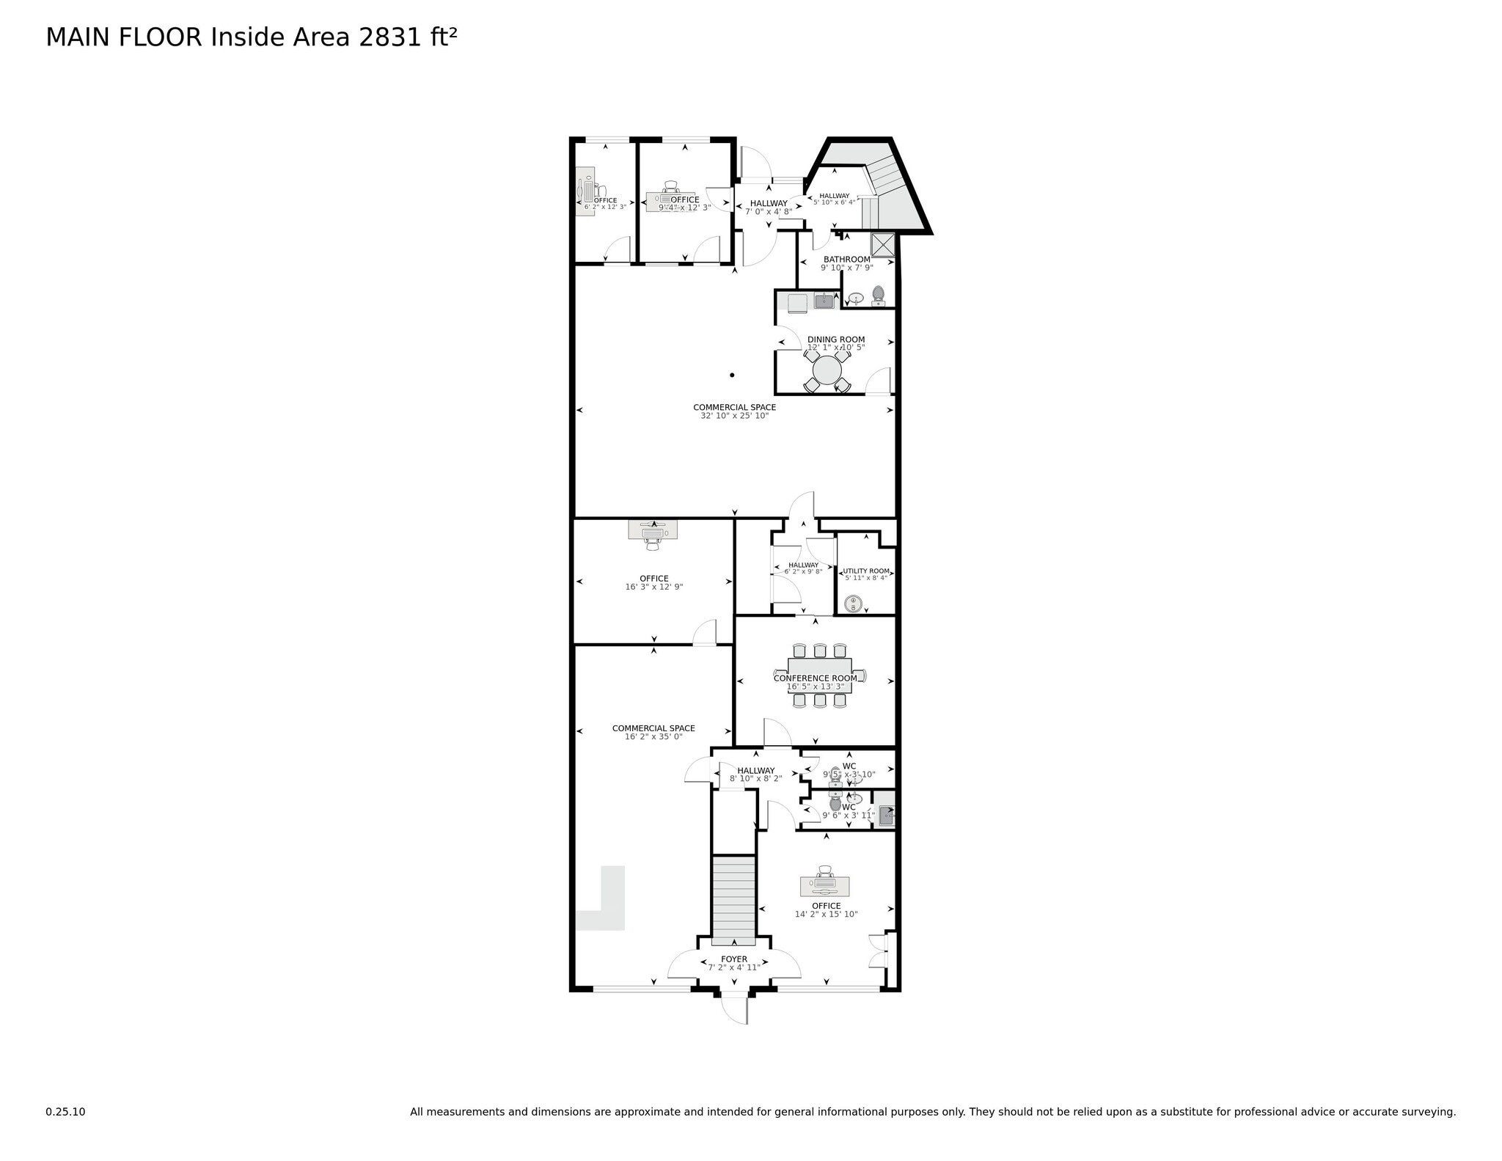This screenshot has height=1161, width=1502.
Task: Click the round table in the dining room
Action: (x=827, y=370)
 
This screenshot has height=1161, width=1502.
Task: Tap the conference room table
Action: (x=819, y=675)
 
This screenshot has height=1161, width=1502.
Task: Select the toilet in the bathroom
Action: (x=878, y=296)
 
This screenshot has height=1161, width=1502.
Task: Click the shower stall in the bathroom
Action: (x=883, y=244)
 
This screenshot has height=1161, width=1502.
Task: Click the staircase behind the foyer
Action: (x=733, y=901)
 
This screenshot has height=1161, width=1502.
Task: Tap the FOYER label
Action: (x=733, y=959)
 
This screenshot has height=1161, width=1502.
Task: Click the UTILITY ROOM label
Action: (x=865, y=571)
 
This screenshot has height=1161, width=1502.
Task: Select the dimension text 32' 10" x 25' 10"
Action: (x=734, y=416)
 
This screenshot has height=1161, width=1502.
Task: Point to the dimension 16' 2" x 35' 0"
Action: (x=653, y=736)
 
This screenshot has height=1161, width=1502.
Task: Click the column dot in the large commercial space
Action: (x=731, y=375)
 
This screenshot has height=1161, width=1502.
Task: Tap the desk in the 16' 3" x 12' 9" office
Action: (x=652, y=530)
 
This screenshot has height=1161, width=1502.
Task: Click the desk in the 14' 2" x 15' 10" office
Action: (x=825, y=886)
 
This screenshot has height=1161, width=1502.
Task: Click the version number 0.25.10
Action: (x=65, y=1112)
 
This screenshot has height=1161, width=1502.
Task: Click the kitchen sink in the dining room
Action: (x=824, y=301)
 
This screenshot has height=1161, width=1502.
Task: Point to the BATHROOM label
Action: (x=846, y=259)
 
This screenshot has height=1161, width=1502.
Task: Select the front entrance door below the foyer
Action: (x=733, y=1008)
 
